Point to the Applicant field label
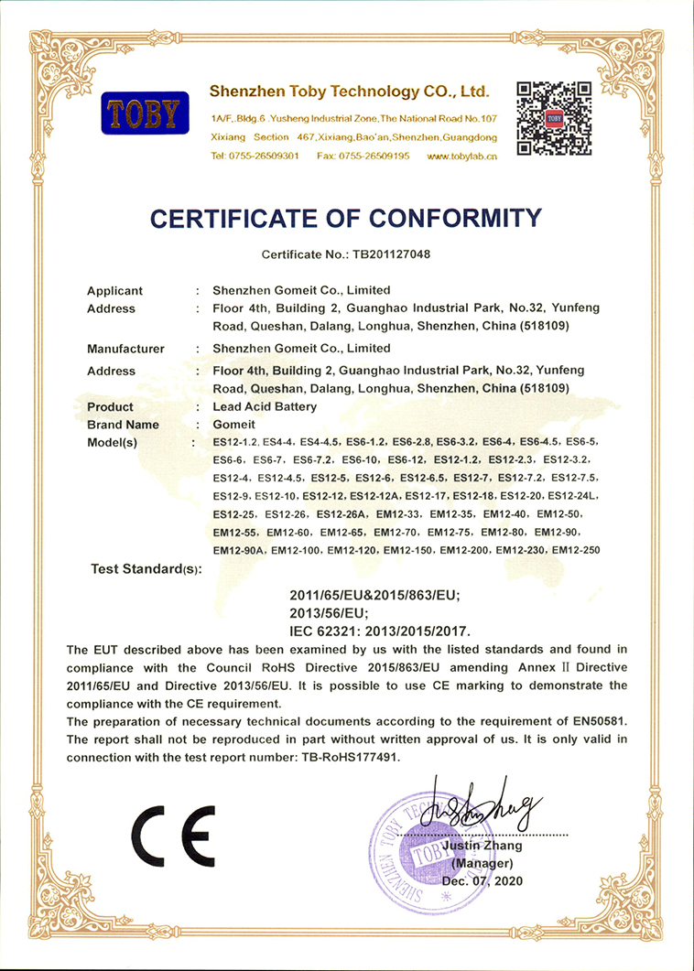pyautogui.click(x=114, y=291)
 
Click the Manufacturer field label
pyautogui.click(x=125, y=349)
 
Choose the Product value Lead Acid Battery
pyautogui.click(x=265, y=406)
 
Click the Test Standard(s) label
pyautogui.click(x=146, y=569)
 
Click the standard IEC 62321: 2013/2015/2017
pyautogui.click(x=380, y=631)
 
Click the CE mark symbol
pyautogui.click(x=173, y=836)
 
